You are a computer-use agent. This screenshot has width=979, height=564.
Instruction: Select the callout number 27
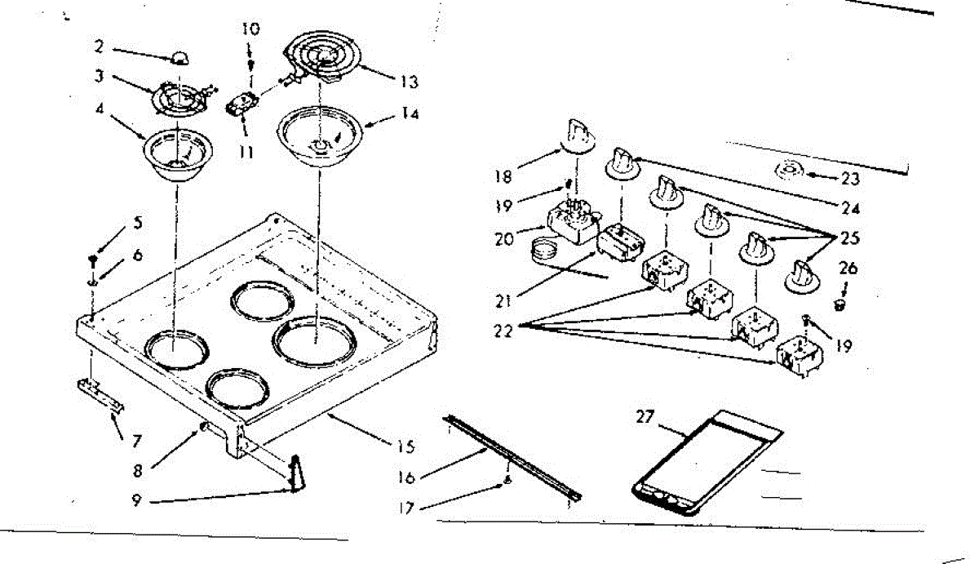646,417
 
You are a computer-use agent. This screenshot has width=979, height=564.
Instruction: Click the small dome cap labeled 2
181,58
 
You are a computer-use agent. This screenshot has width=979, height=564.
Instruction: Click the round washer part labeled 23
787,171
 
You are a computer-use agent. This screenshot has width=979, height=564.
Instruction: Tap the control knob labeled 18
578,135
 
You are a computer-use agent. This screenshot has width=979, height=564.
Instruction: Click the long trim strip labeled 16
514,456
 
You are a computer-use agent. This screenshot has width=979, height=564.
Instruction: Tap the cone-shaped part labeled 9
296,474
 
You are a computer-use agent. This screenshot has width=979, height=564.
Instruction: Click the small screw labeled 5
94,260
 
